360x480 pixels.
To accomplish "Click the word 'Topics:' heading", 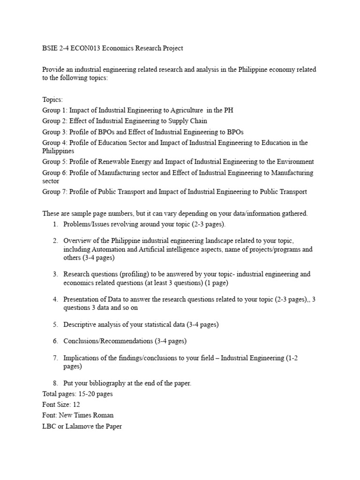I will click(52, 100).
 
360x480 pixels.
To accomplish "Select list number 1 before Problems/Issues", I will click(55, 224).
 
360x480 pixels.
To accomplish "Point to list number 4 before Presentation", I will click(55, 299).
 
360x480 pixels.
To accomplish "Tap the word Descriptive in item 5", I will click(80, 324).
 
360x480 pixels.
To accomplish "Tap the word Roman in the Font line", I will click(103, 415).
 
